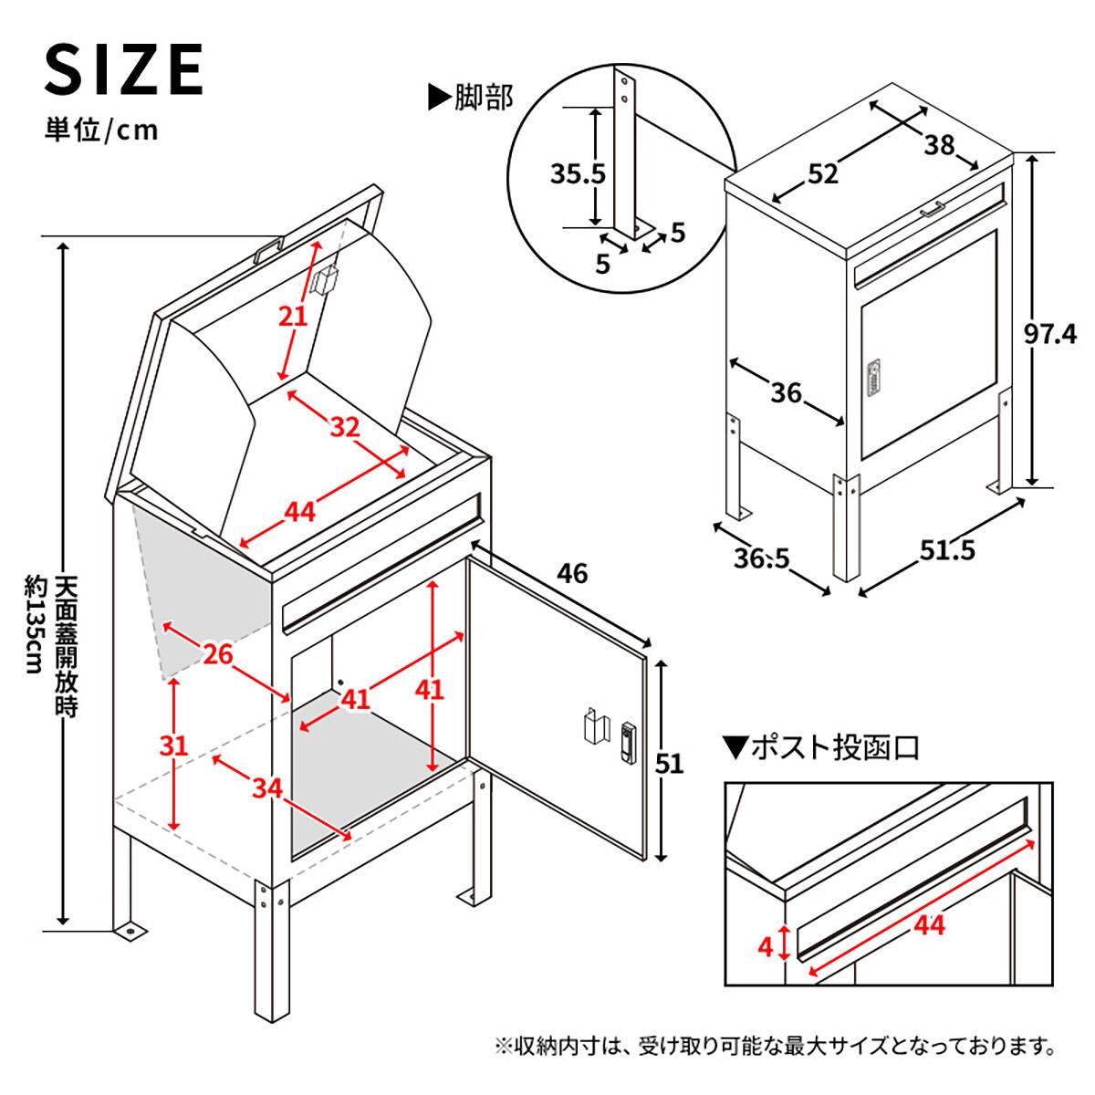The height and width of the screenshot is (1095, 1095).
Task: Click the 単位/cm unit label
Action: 101,130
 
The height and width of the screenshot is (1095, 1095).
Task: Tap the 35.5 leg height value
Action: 578,172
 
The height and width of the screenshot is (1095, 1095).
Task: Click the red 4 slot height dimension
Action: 765,946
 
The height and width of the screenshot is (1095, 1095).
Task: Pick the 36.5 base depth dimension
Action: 763,558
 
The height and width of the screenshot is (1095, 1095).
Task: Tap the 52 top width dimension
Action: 822,173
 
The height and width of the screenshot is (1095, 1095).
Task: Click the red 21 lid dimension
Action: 293,316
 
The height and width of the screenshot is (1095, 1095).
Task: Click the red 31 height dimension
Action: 173,746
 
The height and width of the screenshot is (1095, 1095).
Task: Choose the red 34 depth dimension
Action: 266,787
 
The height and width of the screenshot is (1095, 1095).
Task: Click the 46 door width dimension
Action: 572,574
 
